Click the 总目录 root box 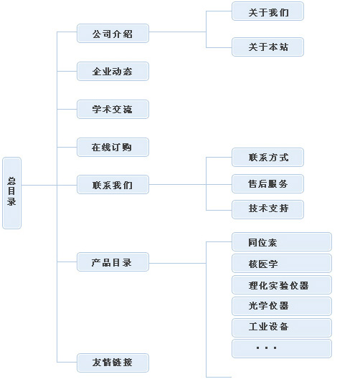[x=12, y=193]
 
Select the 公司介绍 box [x=113, y=34]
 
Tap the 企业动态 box [x=113, y=72]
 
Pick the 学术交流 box [x=113, y=109]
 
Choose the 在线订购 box [x=113, y=147]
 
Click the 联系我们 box [x=113, y=185]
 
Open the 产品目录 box [x=113, y=262]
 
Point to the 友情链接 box [x=113, y=363]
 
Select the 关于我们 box [x=267, y=11]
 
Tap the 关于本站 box [x=267, y=47]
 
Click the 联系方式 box [x=267, y=158]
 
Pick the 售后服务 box [x=267, y=183]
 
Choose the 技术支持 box [x=267, y=210]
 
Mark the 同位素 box [x=282, y=242]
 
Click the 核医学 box [x=282, y=264]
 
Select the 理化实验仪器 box [x=282, y=285]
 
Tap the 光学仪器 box [x=282, y=306]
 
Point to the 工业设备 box [x=282, y=327]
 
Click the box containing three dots [x=282, y=349]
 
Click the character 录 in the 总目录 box [x=11, y=201]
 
